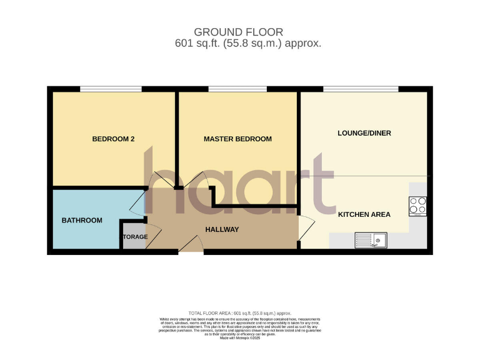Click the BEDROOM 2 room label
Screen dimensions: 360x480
pyautogui.click(x=114, y=139)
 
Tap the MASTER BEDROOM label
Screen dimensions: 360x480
pyautogui.click(x=237, y=139)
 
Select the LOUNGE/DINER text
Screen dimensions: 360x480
pyautogui.click(x=364, y=133)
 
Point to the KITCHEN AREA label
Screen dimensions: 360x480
pyautogui.click(x=364, y=214)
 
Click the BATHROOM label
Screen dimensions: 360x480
pyautogui.click(x=82, y=220)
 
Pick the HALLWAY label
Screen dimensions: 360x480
pyautogui.click(x=222, y=229)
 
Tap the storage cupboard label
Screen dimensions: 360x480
pyautogui.click(x=135, y=237)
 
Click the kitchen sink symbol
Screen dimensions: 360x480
pyautogui.click(x=371, y=239)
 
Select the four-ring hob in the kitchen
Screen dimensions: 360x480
pyautogui.click(x=417, y=206)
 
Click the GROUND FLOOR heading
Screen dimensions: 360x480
pyautogui.click(x=239, y=32)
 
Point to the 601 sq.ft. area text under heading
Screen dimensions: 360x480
pyautogui.click(x=248, y=44)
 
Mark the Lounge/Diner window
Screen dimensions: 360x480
pyautogui.click(x=361, y=89)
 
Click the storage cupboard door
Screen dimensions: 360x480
pyautogui.click(x=153, y=236)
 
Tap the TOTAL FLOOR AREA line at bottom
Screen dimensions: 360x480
pyautogui.click(x=240, y=312)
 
